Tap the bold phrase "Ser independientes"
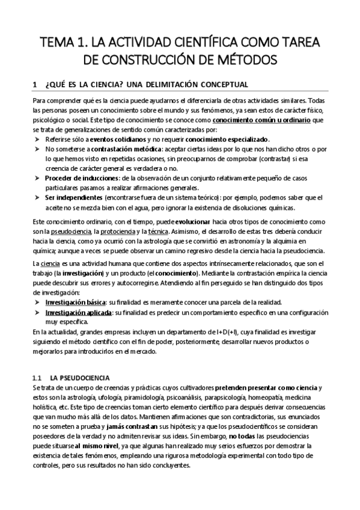click(x=73, y=197)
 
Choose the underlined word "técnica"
click(x=159, y=232)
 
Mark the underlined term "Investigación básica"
click(x=73, y=301)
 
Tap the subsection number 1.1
click(x=36, y=377)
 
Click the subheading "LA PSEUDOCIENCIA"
click(x=79, y=377)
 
